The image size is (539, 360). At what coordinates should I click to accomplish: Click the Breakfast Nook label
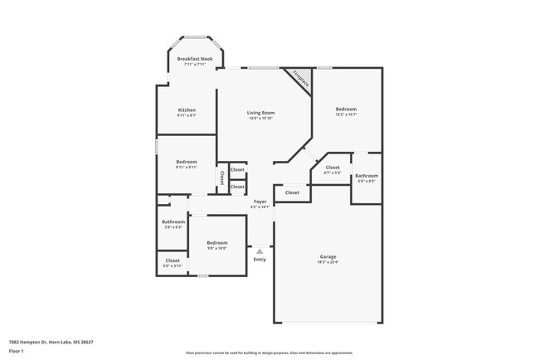[195, 60]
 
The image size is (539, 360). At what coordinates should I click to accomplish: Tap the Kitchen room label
[187, 110]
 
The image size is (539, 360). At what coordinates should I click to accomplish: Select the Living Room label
[260, 112]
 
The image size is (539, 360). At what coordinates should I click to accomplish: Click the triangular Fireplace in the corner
[300, 80]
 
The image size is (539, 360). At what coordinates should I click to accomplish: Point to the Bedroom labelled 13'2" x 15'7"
[346, 109]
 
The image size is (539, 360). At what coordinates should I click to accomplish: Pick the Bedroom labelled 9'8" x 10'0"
[216, 242]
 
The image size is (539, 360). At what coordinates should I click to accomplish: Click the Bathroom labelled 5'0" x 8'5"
[367, 176]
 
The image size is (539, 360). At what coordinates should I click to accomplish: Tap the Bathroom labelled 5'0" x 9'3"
[173, 221]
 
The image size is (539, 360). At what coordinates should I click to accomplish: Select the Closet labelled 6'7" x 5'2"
[332, 168]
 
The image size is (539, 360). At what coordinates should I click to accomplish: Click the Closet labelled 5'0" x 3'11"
[172, 260]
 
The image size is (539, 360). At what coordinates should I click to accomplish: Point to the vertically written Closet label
[222, 178]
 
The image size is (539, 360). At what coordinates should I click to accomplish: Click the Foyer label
[260, 202]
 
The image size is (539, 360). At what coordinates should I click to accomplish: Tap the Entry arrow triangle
[260, 249]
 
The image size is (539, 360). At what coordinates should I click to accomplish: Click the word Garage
[328, 256]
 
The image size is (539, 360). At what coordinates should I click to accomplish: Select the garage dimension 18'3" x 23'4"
[328, 262]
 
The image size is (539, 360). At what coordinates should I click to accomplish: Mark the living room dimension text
[260, 118]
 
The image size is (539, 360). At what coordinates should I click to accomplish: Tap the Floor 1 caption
[17, 352]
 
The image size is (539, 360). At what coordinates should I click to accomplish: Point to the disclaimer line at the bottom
[269, 353]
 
